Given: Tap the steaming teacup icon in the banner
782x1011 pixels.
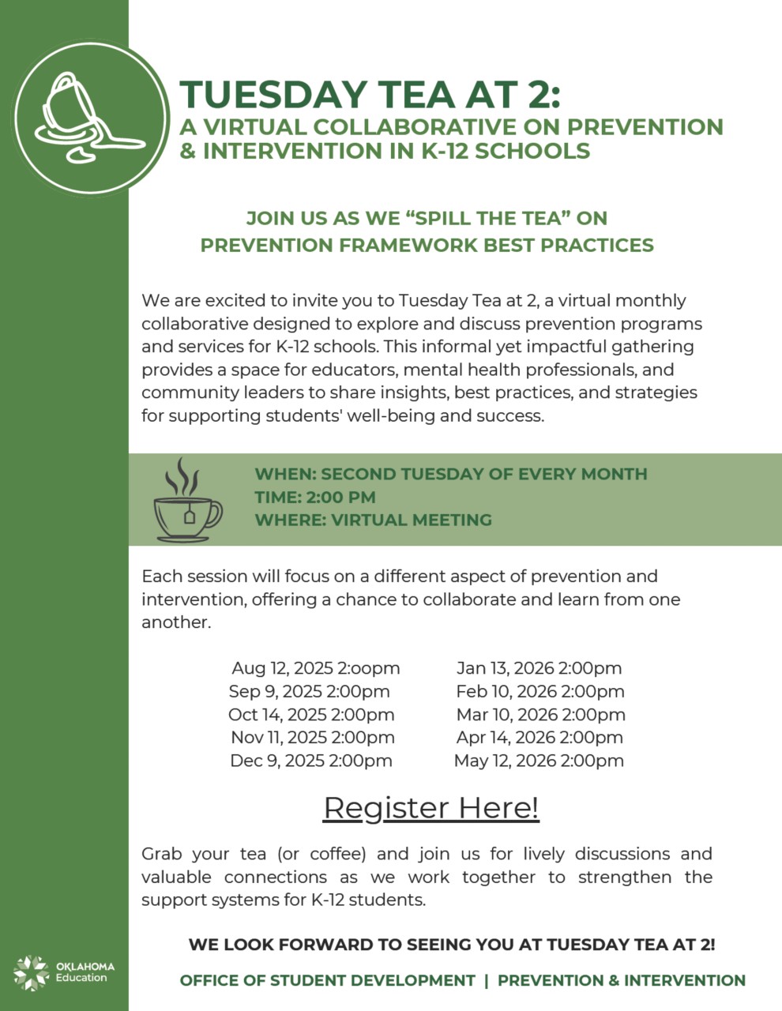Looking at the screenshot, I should click(187, 502).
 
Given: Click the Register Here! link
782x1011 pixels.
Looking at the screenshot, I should click(430, 808).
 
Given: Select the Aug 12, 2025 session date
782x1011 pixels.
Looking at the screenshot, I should click(315, 668).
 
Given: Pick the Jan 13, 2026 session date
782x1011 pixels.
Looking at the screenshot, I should click(539, 668).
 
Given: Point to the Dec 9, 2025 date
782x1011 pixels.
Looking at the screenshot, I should click(310, 761).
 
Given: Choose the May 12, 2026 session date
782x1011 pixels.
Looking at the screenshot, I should click(539, 761).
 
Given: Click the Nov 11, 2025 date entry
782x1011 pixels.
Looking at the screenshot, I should click(312, 738).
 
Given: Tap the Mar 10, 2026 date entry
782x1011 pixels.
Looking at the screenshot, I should click(540, 715).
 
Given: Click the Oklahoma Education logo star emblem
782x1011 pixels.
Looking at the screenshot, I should click(32, 972).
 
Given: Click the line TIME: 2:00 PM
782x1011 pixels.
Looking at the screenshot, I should click(314, 498).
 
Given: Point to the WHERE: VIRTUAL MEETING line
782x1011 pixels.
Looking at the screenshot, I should click(373, 520).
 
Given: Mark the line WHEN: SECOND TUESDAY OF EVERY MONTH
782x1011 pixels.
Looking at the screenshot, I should click(450, 474).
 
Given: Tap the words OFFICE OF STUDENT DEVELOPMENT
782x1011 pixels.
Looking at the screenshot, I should click(327, 980).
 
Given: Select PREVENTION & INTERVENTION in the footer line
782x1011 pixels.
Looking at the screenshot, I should click(621, 980).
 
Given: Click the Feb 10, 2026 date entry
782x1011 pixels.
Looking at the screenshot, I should click(540, 692).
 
